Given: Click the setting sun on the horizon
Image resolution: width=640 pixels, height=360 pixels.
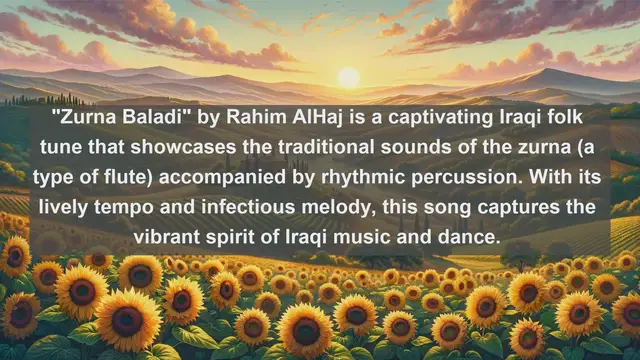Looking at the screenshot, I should (x=348, y=77).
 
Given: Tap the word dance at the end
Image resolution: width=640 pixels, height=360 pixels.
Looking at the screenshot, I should (x=473, y=239).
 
